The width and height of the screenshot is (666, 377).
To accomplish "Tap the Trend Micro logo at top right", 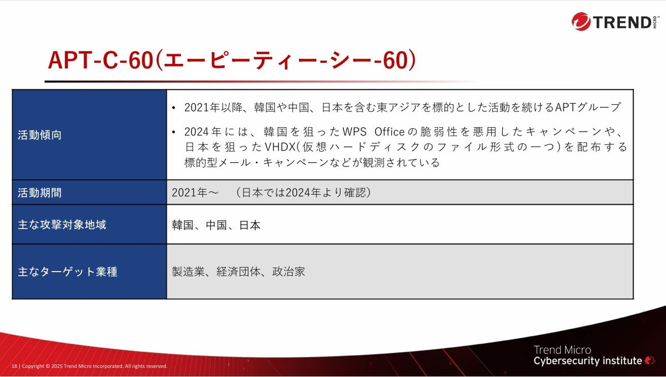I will pyautogui.click(x=613, y=22).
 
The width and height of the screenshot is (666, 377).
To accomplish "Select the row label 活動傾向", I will pyautogui.click(x=39, y=135).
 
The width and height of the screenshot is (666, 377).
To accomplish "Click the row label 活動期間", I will pyautogui.click(x=39, y=193).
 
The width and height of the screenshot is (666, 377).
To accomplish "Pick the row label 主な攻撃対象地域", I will pyautogui.click(x=62, y=225).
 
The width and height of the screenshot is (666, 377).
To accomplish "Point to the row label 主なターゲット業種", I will pyautogui.click(x=67, y=272).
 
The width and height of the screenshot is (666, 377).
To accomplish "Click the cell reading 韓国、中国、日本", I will pyautogui.click(x=216, y=225).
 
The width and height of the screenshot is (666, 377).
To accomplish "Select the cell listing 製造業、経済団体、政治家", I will pyautogui.click(x=238, y=272).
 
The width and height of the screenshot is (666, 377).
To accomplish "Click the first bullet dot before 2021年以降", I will pyautogui.click(x=174, y=108).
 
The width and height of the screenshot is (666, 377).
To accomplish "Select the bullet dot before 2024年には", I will pyautogui.click(x=174, y=133).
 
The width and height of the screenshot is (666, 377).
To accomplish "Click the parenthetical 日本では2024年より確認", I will pyautogui.click(x=302, y=193).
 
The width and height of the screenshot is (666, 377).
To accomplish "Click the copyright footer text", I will pyautogui.click(x=94, y=366).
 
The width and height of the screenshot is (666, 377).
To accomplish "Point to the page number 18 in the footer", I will pyautogui.click(x=14, y=366).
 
